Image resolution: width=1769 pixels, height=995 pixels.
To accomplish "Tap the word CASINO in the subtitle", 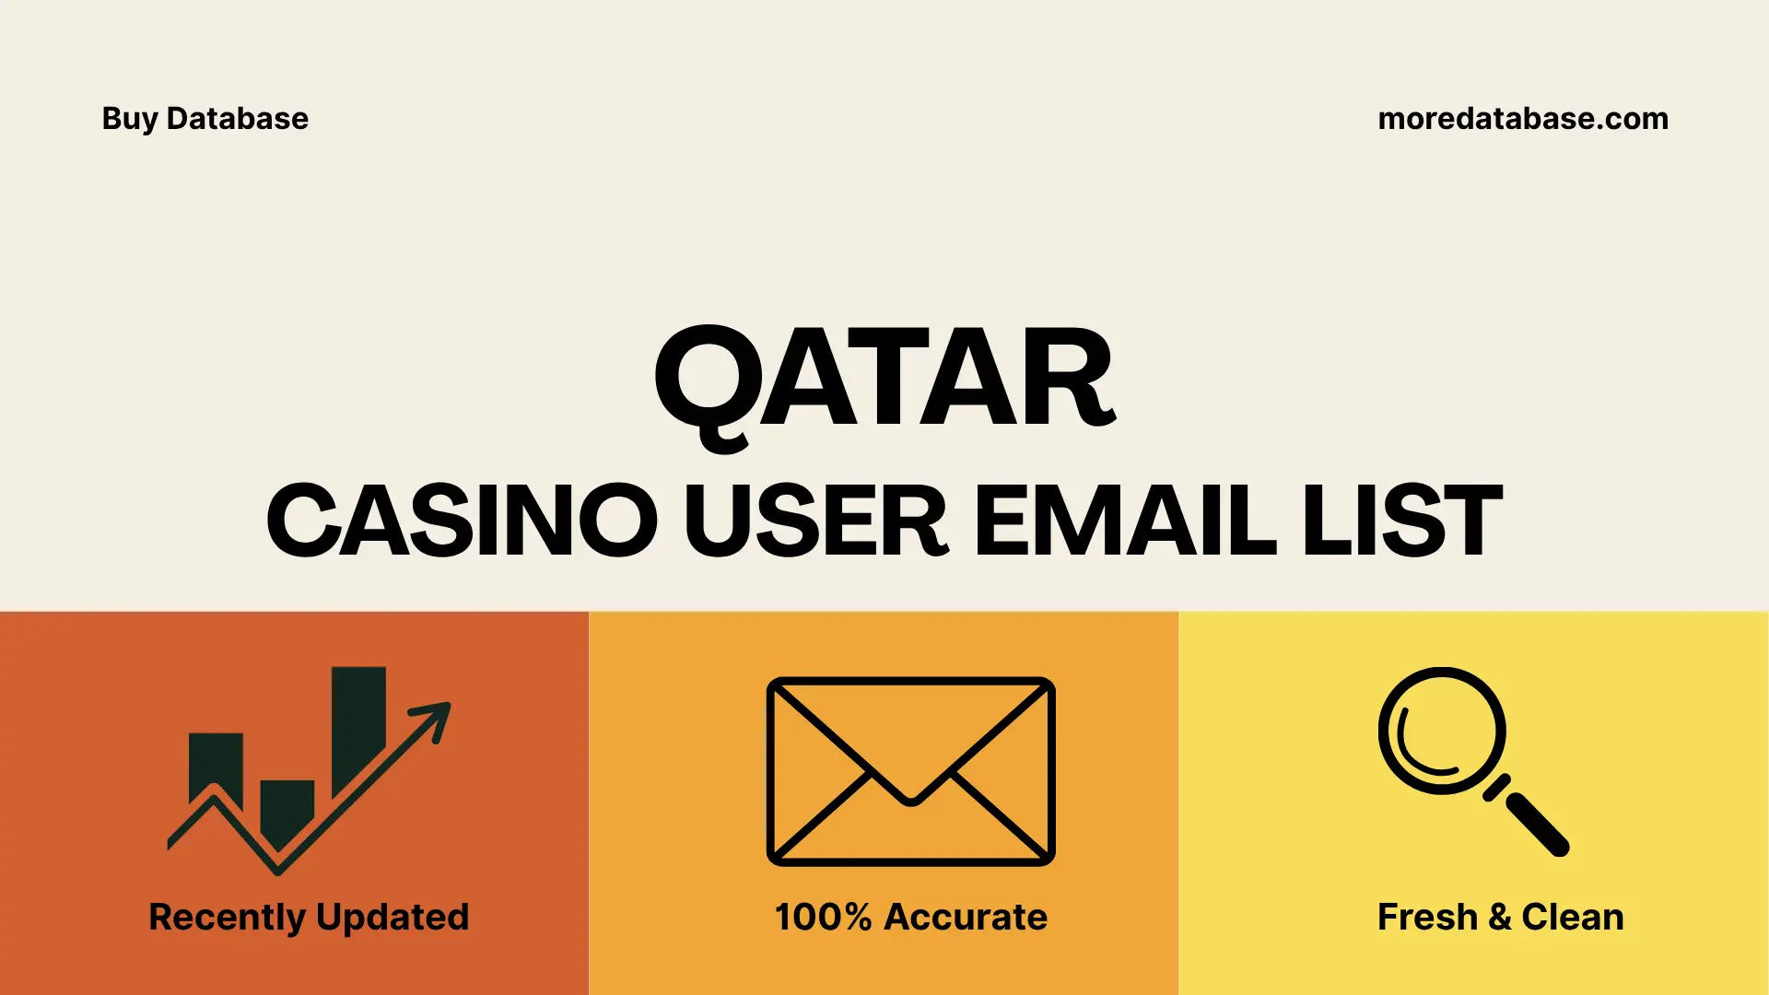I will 462,521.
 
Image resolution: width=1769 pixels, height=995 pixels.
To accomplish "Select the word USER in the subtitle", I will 814,521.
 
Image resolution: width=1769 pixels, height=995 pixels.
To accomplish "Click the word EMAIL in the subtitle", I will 1125,521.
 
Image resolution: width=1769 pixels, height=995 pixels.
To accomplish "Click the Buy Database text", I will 205,119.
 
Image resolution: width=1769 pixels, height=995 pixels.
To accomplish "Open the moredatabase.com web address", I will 1522,119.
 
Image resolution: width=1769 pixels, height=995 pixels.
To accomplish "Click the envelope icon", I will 910,771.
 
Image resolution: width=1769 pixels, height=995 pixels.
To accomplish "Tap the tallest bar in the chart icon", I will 357,719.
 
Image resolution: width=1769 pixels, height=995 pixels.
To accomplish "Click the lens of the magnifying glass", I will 1441,731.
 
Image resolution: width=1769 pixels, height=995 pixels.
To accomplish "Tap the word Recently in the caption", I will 227,918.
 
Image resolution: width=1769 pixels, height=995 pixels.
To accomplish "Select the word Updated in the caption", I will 392,918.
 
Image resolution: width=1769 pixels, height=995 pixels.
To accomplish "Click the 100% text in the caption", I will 823,918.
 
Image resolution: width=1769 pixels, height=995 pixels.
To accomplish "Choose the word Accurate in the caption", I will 966,918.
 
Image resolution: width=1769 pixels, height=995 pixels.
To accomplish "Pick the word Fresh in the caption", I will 1427,918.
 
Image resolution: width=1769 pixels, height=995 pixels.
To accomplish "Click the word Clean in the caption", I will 1572,918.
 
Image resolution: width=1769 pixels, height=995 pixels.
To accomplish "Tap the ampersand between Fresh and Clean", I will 1499,918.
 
